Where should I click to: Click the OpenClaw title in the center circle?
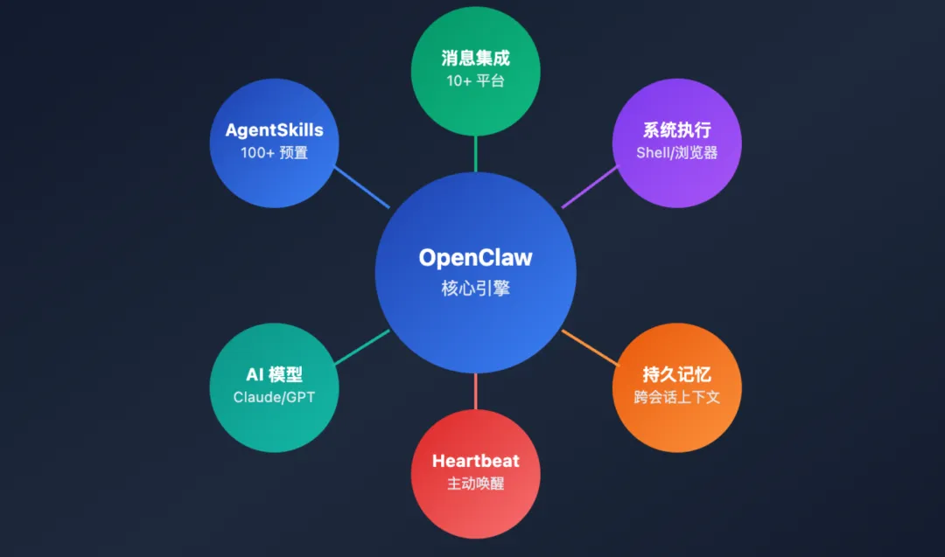475,258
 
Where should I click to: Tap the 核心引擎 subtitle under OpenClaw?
475,288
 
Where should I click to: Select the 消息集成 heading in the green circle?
475,59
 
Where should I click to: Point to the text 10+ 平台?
475,81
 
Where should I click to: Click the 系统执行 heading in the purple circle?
677,130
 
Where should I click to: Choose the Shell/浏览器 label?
677,152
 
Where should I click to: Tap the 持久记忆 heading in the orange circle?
677,375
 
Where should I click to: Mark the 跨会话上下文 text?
677,397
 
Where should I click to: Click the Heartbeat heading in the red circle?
475,461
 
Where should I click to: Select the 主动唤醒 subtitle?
475,483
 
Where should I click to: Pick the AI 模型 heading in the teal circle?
274,375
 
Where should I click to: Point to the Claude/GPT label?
274,397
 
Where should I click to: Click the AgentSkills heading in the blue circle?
274,130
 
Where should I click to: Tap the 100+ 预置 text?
274,152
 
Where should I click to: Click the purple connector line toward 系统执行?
589,187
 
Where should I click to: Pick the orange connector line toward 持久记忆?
590,346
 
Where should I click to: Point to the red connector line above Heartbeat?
475,391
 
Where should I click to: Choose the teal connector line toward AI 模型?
361,346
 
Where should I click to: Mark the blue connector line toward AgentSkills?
362,187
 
